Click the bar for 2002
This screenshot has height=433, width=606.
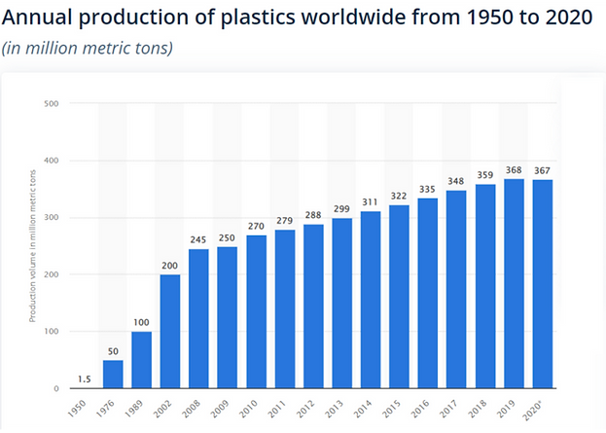pyautogui.click(x=169, y=331)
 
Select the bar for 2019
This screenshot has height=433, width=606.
pyautogui.click(x=515, y=283)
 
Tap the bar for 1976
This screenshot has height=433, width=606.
pyautogui.click(x=113, y=374)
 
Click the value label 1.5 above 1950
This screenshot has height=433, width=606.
pyautogui.click(x=84, y=378)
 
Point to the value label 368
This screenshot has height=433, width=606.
pyautogui.click(x=515, y=170)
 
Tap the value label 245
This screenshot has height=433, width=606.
pyautogui.click(x=198, y=240)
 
